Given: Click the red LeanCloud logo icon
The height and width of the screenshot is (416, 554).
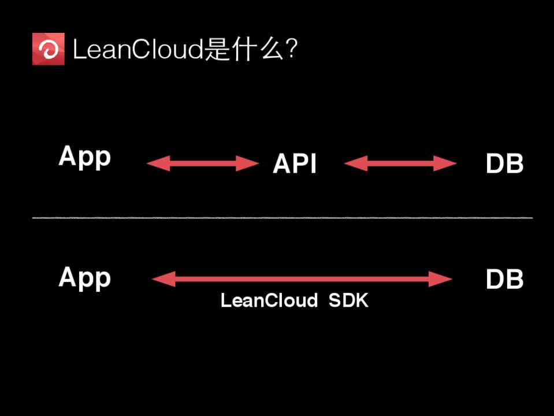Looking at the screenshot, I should (49, 50).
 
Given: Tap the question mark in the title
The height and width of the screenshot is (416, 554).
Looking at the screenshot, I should (292, 50).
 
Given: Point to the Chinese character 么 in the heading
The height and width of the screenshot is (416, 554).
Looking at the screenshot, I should (269, 51).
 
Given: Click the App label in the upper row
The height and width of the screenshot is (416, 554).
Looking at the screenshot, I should (84, 158).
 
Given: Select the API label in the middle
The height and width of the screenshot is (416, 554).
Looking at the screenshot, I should (295, 165).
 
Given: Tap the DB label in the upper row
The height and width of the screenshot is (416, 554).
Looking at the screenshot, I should (504, 165).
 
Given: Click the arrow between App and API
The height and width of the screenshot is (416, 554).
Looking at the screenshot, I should (203, 164).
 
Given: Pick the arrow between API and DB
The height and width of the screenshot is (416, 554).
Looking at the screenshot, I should (400, 164).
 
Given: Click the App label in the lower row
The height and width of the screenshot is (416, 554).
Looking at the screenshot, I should (84, 278).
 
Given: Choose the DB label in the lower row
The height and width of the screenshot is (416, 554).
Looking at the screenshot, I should (504, 280).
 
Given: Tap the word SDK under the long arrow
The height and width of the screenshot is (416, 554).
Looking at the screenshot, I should (348, 301).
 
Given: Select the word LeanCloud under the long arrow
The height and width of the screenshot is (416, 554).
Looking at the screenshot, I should (269, 301).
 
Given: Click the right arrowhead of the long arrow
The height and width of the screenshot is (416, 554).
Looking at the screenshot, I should (441, 280).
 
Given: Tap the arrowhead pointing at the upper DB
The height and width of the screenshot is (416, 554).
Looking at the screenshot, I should (446, 164).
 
